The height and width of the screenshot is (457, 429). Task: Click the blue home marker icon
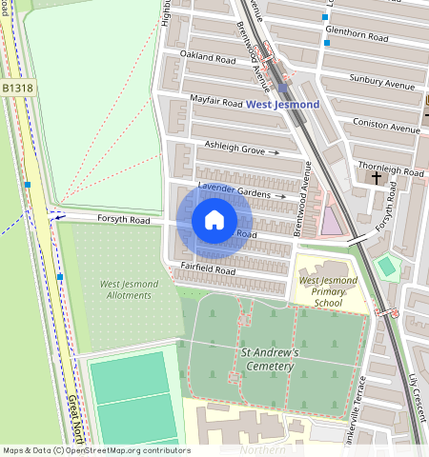coord(214,221)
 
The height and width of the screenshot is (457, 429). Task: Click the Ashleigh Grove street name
coord(235,148)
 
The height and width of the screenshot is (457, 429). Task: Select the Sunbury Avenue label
coord(382,83)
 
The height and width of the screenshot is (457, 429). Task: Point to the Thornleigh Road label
coord(393,171)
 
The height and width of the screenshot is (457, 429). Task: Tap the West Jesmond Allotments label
coord(125,289)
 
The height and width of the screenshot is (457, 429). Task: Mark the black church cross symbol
coord(376,177)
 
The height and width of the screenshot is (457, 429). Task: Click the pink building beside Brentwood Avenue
coord(331,220)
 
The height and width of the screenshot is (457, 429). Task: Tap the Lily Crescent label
coord(413,392)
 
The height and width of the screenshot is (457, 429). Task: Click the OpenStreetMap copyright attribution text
coord(96,450)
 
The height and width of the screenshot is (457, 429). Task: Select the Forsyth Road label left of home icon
coord(124,218)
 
